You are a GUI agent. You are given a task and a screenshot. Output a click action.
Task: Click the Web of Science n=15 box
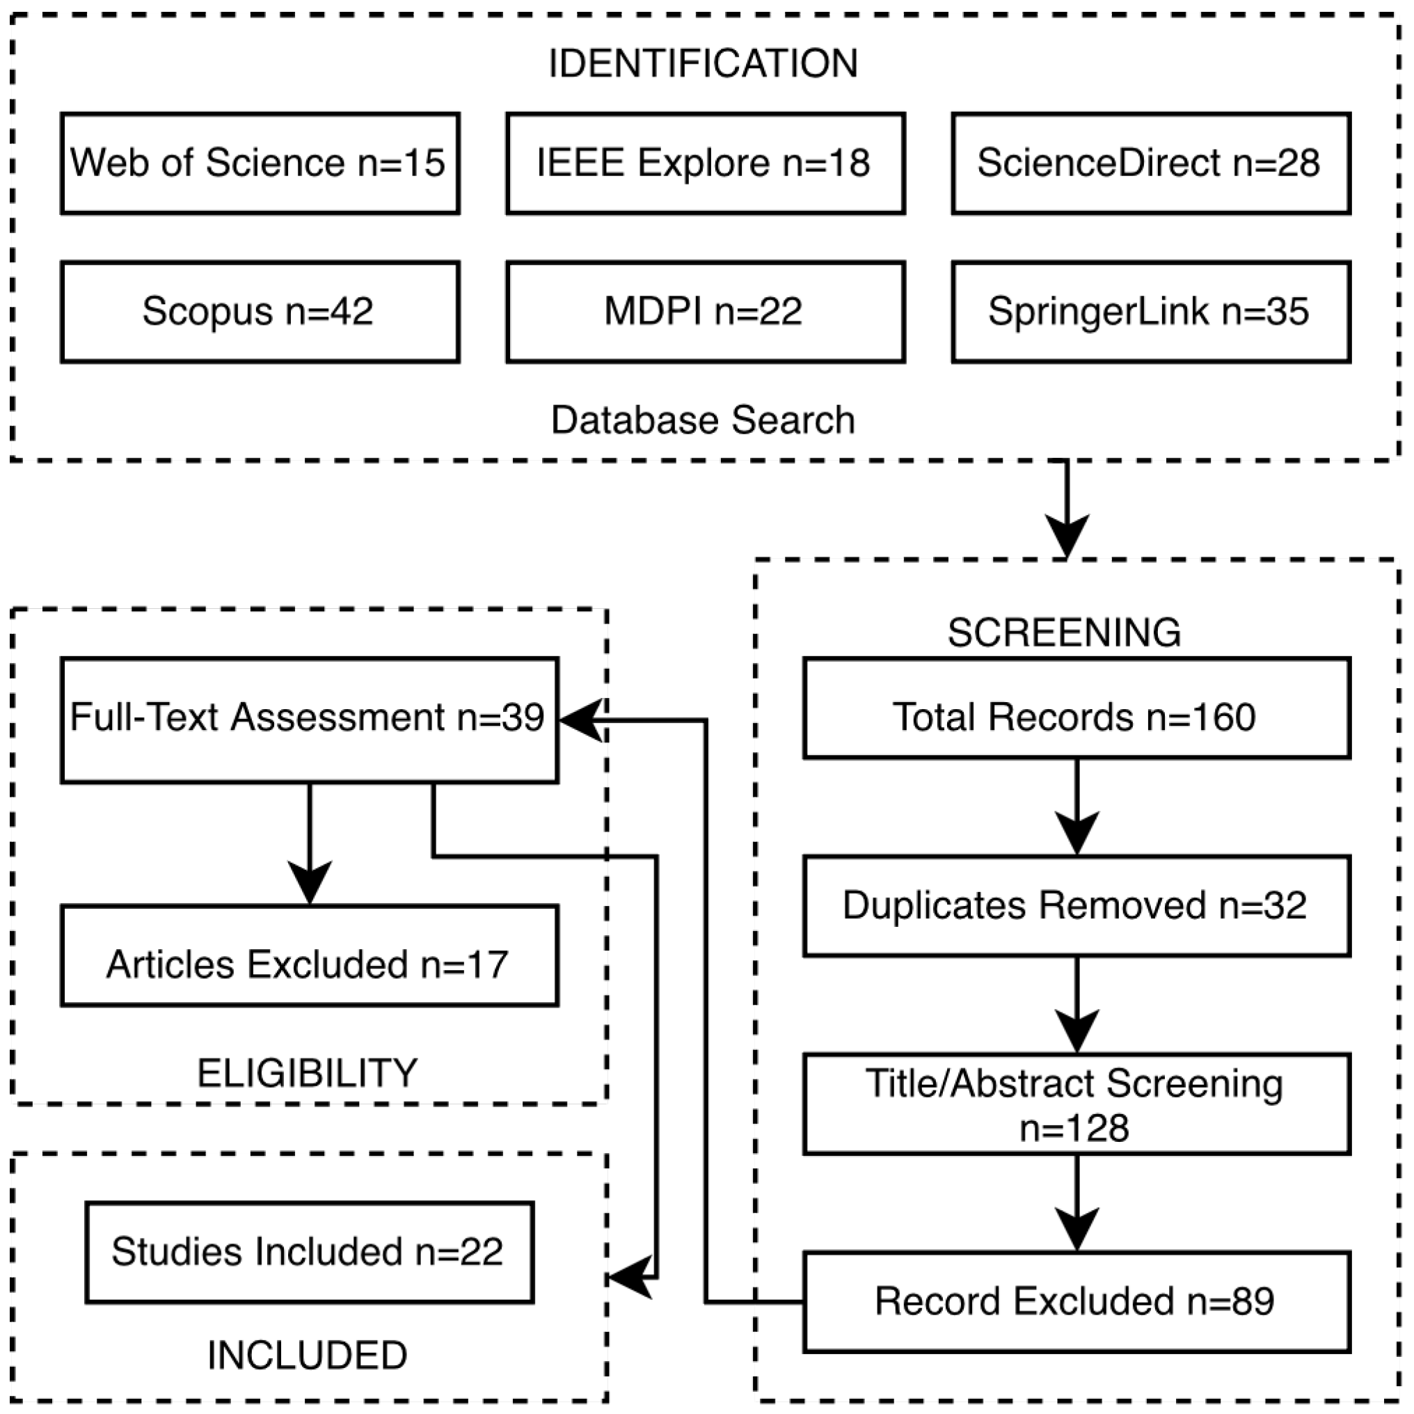pyautogui.click(x=260, y=164)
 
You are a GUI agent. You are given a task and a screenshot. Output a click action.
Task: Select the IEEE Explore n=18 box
pyautogui.click(x=705, y=164)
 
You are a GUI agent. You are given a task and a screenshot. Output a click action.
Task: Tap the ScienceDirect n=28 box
pyautogui.click(x=1150, y=164)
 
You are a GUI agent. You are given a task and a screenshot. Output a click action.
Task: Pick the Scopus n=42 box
pyautogui.click(x=260, y=312)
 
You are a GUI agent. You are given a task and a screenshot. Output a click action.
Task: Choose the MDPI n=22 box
pyautogui.click(x=705, y=312)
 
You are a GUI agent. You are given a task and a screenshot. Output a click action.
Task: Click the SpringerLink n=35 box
pyautogui.click(x=1150, y=312)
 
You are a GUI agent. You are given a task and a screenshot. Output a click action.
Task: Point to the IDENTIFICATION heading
pyautogui.click(x=704, y=64)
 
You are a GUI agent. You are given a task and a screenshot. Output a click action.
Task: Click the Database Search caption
pyautogui.click(x=704, y=420)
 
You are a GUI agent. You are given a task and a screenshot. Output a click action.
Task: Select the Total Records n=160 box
pyautogui.click(x=1076, y=708)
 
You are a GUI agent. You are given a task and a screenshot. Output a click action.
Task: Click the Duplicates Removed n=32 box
pyautogui.click(x=1076, y=906)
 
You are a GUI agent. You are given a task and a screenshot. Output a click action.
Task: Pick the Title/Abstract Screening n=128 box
pyautogui.click(x=1076, y=1104)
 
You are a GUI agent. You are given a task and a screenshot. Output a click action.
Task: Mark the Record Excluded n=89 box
pyautogui.click(x=1076, y=1302)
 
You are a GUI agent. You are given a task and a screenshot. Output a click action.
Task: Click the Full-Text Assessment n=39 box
pyautogui.click(x=310, y=720)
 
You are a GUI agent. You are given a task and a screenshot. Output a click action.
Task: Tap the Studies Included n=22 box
pyautogui.click(x=310, y=1253)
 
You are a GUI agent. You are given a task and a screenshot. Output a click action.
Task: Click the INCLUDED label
pyautogui.click(x=308, y=1356)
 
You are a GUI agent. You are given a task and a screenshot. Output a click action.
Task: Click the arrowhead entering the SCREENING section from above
pyautogui.click(x=1066, y=536)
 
